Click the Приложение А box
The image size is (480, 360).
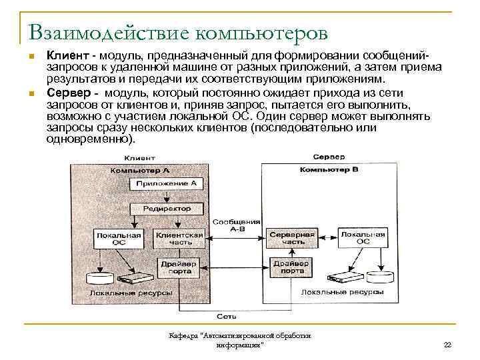tap(166, 183)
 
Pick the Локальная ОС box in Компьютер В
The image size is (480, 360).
tap(363, 238)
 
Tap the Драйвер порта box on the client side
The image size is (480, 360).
tap(176, 267)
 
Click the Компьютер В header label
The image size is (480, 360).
tap(329, 170)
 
